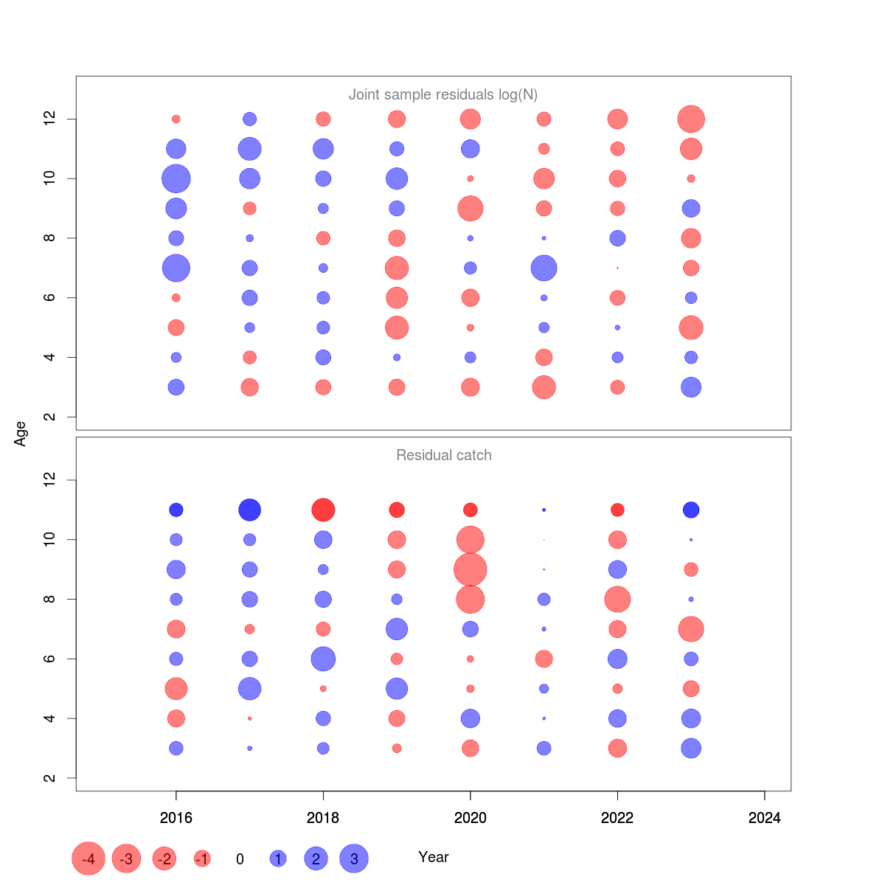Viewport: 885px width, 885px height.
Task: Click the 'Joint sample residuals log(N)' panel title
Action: coord(443,94)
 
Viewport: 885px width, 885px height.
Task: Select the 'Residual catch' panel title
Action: coord(443,455)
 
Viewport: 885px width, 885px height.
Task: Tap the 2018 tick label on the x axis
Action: coord(323,817)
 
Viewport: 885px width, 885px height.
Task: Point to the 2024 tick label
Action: coord(765,817)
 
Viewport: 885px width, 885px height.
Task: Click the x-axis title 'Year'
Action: coord(434,857)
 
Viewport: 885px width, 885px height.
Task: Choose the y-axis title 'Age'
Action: coord(21,434)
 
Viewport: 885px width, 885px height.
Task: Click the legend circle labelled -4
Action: coord(88,858)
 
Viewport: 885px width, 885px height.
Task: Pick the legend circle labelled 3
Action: coord(354,858)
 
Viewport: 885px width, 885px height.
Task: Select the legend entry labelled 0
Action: coord(240,859)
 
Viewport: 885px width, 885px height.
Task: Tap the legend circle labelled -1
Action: coord(202,858)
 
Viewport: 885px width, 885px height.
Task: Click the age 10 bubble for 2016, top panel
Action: coord(176,178)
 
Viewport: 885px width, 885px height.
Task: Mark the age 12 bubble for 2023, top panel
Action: coord(691,119)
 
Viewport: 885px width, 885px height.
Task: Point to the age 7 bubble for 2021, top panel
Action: coord(544,268)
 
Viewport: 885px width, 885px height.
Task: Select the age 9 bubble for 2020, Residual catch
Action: coord(471,569)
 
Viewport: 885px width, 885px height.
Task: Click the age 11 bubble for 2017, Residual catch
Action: coord(250,510)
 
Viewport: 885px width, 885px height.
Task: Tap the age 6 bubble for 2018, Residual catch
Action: coord(323,659)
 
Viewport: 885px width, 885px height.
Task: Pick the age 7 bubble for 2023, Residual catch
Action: coord(691,629)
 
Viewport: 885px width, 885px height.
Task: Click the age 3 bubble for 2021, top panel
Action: coord(544,387)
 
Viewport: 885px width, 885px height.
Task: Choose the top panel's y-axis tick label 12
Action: coord(49,119)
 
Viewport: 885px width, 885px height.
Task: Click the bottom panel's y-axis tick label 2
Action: coord(49,778)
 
